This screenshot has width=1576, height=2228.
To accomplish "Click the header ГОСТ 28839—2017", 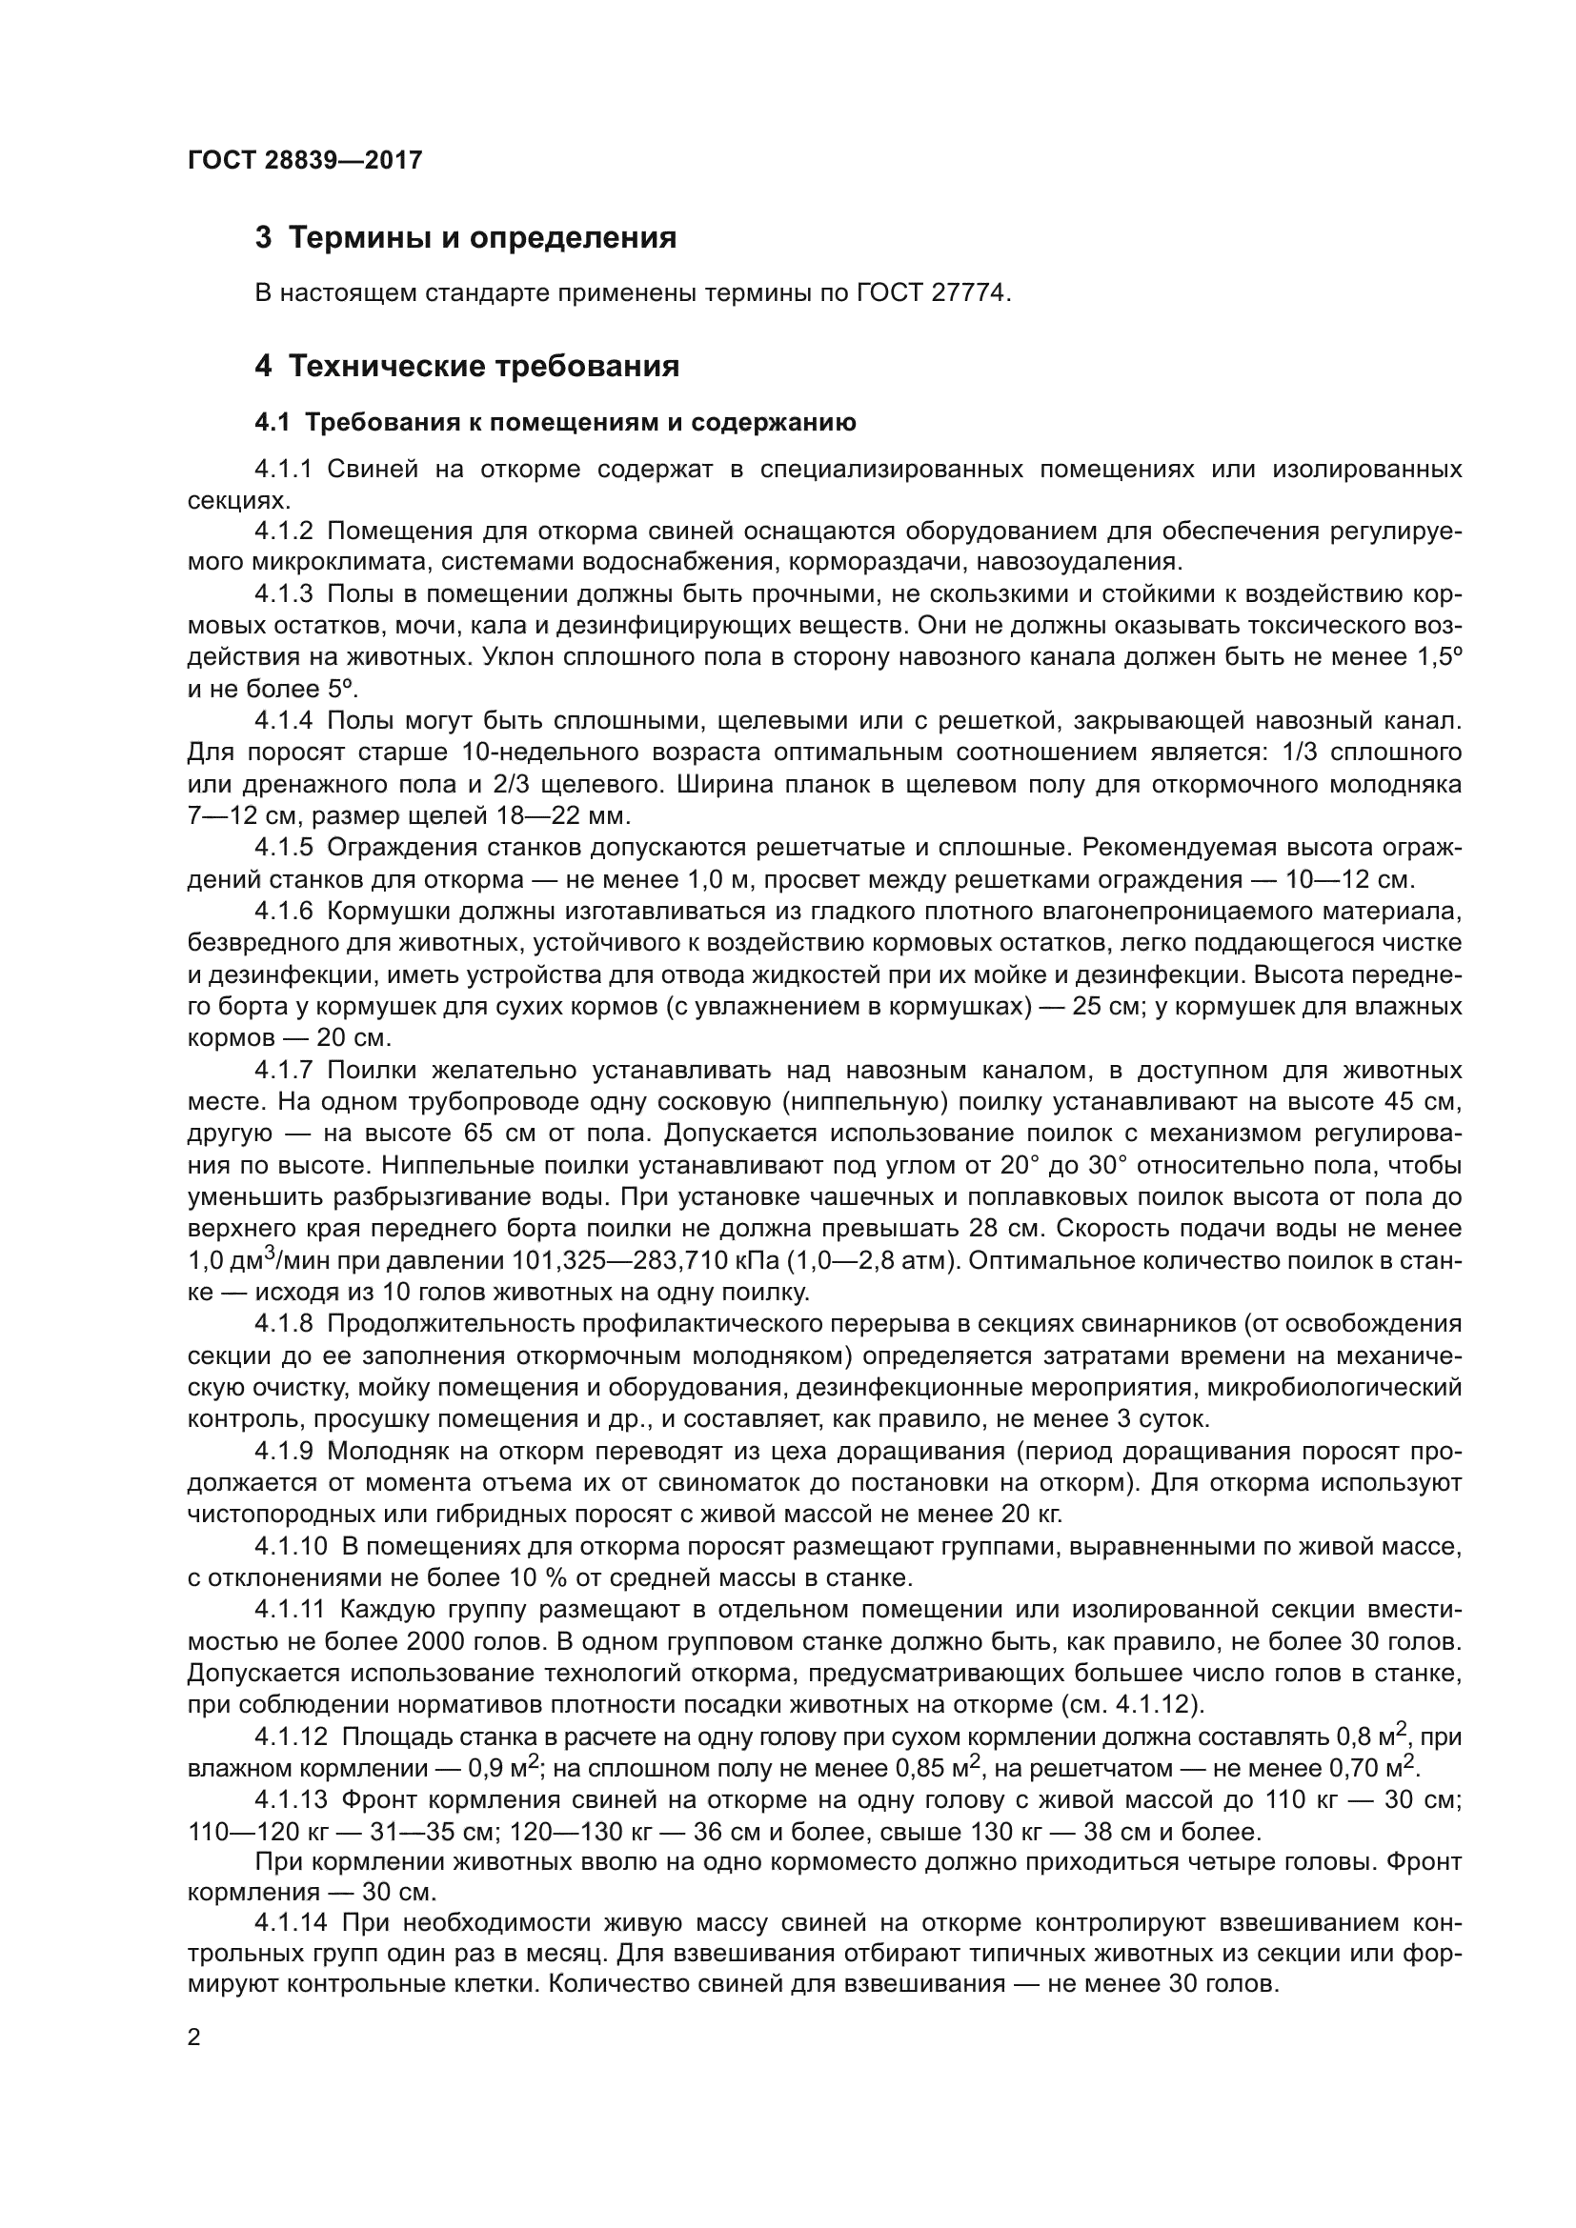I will point(305,160).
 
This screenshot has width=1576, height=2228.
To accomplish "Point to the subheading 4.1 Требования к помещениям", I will point(556,422).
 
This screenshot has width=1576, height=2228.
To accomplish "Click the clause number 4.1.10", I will point(291,1543).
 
